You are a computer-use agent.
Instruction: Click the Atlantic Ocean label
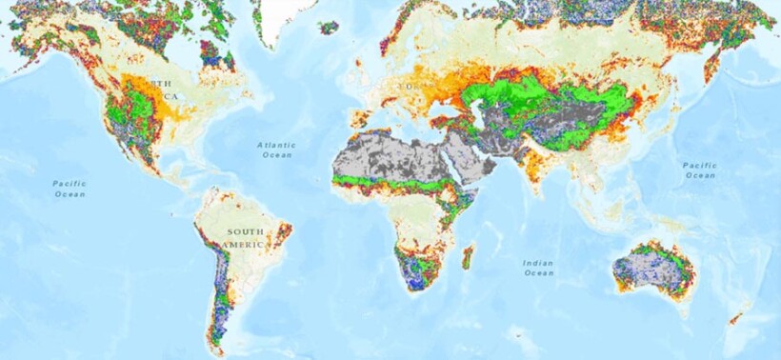pos(277,150)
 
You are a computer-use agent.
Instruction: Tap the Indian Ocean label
pos(538,268)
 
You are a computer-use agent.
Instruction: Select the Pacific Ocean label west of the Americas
pos(70,188)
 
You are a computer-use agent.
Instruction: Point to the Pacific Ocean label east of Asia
pos(700,170)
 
